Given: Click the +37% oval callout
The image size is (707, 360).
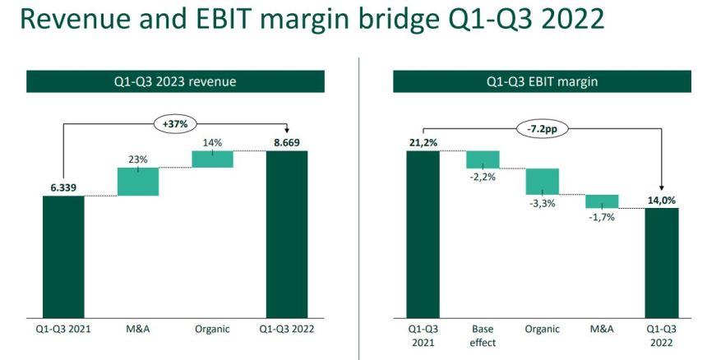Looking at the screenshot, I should (x=177, y=125).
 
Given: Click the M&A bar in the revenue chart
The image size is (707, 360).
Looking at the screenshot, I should (x=137, y=182).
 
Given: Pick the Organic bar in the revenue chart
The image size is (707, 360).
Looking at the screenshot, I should (x=212, y=159).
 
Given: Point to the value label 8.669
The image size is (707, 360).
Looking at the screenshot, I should (x=286, y=143).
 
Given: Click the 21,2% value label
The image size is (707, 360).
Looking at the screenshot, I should (x=423, y=143).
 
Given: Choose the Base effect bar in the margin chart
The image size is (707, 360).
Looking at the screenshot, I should (x=483, y=159).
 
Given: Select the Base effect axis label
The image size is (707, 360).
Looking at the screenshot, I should (x=483, y=335).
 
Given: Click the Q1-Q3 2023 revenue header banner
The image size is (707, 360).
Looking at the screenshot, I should (x=174, y=81).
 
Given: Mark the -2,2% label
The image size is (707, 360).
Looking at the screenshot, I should (x=483, y=178).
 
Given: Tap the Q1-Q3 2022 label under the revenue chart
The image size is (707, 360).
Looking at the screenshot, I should (x=286, y=329).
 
